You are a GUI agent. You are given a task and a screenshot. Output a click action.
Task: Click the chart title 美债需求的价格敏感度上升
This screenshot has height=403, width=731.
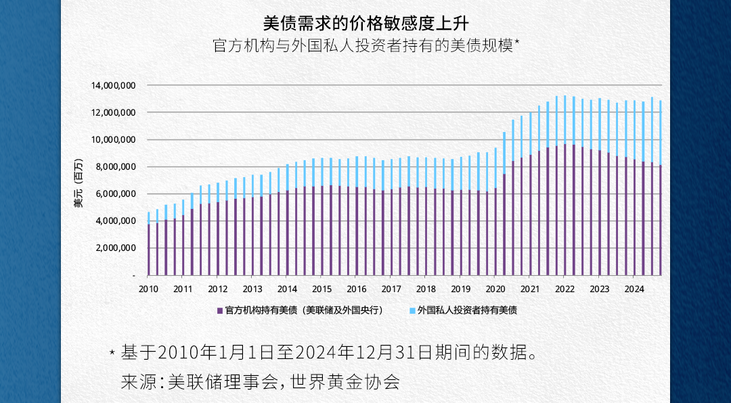click(x=365, y=23)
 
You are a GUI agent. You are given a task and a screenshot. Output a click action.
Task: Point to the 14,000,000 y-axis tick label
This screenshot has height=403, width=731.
click(x=113, y=86)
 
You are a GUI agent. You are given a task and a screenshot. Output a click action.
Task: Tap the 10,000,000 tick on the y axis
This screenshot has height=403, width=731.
click(x=113, y=140)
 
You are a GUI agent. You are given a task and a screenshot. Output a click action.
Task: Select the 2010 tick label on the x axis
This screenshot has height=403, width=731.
click(x=148, y=289)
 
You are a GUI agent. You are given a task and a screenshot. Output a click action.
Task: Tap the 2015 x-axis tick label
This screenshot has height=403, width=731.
click(x=322, y=289)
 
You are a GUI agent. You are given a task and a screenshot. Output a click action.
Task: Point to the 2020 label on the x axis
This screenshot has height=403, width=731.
click(x=495, y=289)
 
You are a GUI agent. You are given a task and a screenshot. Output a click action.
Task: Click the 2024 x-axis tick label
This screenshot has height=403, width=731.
click(x=634, y=289)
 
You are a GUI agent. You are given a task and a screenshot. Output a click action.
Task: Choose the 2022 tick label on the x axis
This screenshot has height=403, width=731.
click(x=564, y=289)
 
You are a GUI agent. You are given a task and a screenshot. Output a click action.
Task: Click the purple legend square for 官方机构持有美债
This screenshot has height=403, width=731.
click(x=219, y=310)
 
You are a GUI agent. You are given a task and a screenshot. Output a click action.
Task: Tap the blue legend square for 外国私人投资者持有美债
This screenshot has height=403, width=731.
click(x=412, y=310)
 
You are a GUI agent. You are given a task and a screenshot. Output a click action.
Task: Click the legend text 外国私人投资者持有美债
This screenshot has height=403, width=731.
click(x=467, y=310)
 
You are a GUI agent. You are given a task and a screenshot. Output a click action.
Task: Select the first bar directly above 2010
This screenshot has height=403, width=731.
click(x=149, y=243)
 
